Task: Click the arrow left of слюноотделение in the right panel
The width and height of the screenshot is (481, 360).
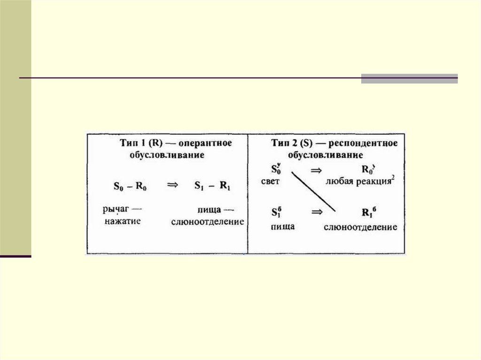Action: (x=317, y=212)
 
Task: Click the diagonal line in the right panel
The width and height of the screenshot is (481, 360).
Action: (x=313, y=191)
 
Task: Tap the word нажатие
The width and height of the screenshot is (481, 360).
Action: (x=123, y=221)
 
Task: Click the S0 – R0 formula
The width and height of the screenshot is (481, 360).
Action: (x=130, y=186)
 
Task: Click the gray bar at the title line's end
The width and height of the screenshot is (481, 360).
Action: (x=409, y=78)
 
